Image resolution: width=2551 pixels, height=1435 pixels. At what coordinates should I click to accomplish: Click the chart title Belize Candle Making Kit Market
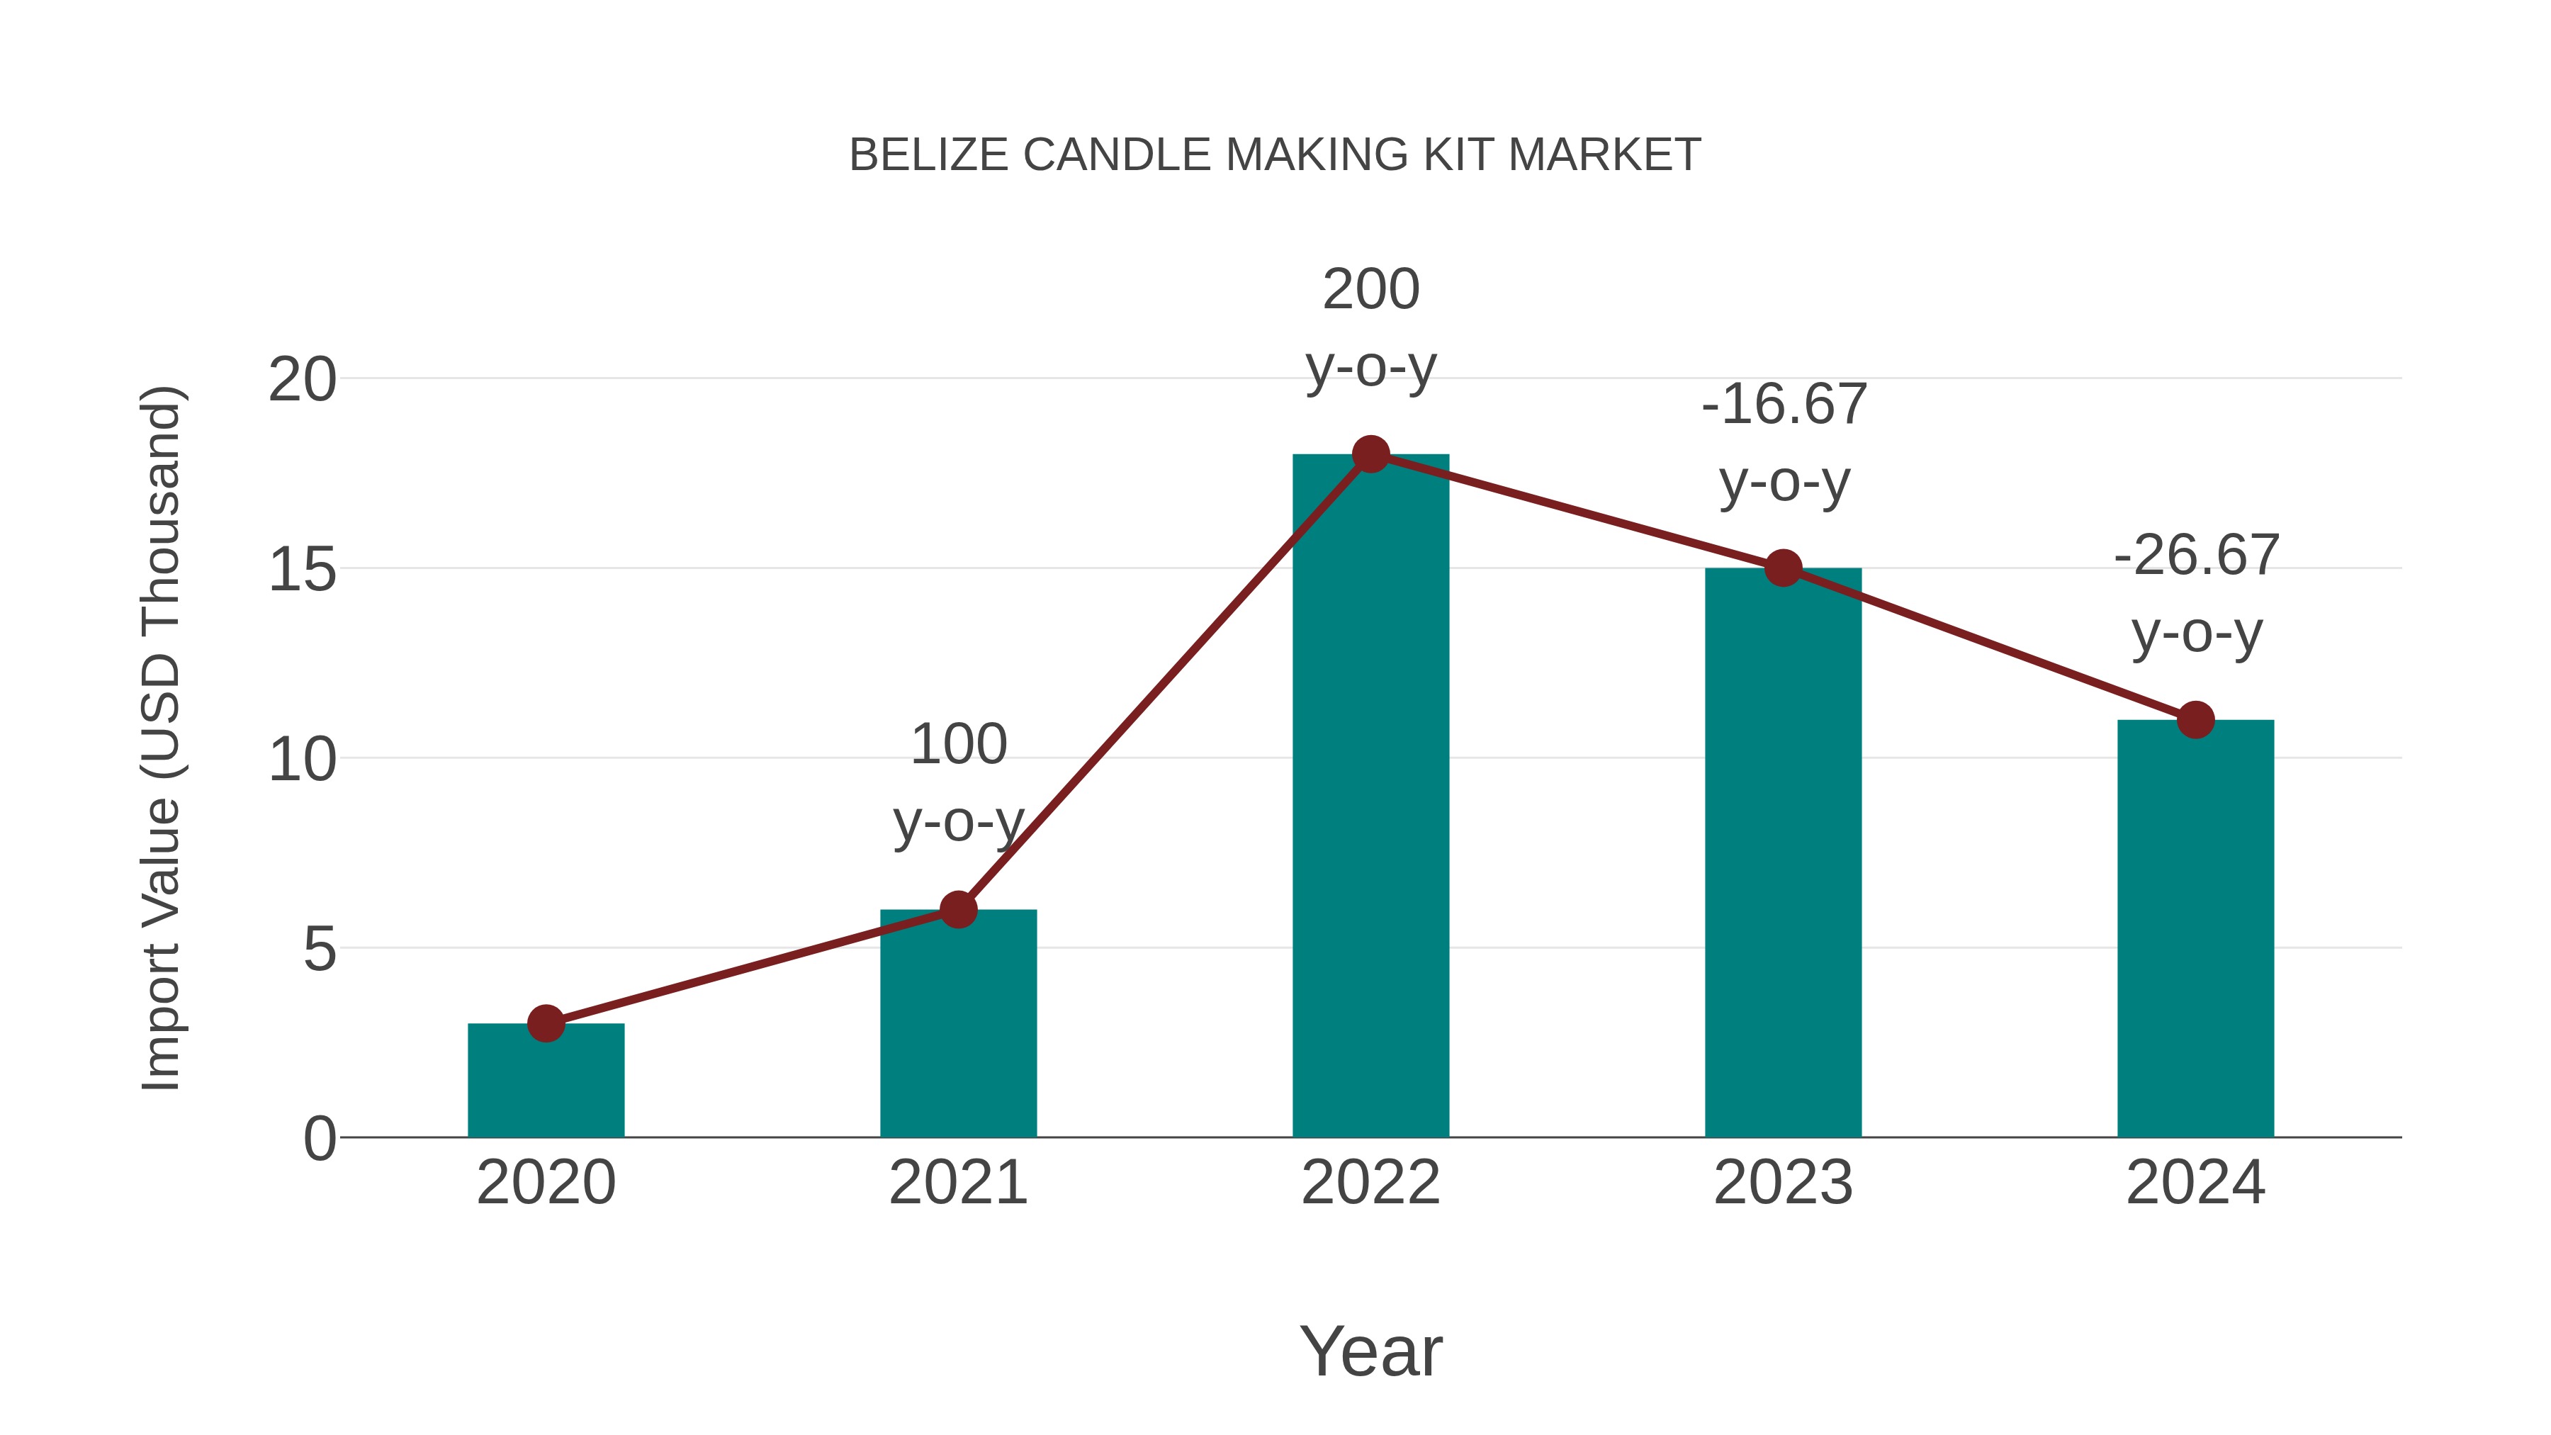(1275, 155)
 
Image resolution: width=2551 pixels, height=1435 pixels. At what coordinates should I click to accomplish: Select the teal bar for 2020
(546, 1084)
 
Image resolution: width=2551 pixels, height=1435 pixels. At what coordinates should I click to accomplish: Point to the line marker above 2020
(546, 1023)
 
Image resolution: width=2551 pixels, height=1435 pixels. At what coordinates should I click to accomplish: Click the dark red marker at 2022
(1370, 454)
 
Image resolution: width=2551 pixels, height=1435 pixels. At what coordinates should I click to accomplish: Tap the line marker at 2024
(2195, 719)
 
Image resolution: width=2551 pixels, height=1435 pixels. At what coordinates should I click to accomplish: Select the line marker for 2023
(1783, 568)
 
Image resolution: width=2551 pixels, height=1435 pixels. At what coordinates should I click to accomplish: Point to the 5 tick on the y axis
(320, 949)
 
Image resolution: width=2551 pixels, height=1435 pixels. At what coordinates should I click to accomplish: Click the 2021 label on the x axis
(957, 1183)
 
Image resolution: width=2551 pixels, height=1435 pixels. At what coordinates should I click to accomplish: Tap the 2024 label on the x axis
(2195, 1183)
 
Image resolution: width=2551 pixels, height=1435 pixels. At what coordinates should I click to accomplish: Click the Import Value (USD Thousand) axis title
(160, 738)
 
